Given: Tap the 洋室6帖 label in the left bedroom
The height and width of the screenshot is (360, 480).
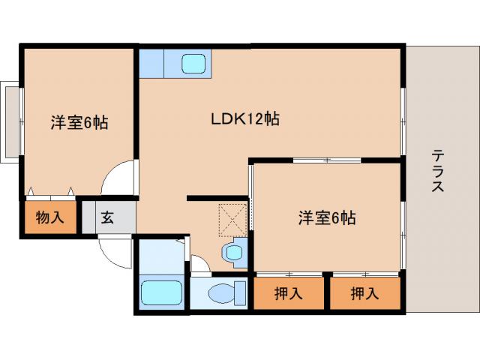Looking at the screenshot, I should tap(79, 122).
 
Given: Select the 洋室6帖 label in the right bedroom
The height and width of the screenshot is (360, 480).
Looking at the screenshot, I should tap(326, 218).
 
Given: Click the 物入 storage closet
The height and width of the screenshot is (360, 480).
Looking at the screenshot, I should tap(49, 218).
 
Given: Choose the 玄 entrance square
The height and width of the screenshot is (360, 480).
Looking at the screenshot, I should tap(108, 218).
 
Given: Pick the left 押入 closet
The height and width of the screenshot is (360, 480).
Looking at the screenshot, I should tap(289, 293).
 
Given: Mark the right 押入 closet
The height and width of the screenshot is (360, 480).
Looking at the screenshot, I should tap(365, 293).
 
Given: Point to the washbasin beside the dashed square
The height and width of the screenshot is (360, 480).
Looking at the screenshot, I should tap(234, 253).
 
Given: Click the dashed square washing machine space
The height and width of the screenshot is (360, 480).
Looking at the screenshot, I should tap(232, 218).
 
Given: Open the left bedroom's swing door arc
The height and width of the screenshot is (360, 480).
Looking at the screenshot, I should tap(120, 180).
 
